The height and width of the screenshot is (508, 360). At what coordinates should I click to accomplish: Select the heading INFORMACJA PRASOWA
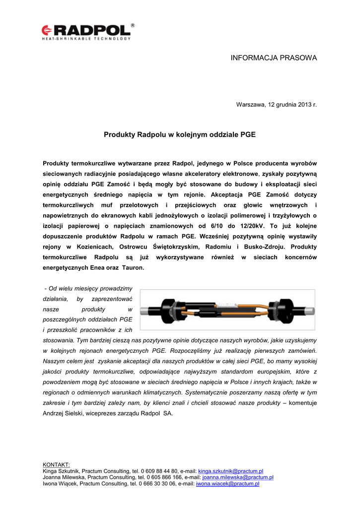tap(274, 58)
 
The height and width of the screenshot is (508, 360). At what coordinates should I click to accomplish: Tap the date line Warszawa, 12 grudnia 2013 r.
tap(276, 105)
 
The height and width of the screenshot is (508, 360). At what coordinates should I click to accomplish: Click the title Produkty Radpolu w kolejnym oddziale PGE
tap(179, 134)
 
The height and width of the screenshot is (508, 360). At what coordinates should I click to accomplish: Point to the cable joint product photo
tap(227, 310)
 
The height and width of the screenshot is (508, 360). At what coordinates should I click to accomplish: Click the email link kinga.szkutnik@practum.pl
tap(230, 471)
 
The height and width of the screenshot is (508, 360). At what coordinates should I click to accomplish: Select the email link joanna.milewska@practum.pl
tap(238, 477)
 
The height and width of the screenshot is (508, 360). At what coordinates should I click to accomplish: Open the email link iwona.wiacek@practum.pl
tap(228, 484)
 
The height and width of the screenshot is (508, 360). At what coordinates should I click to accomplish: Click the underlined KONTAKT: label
tap(57, 464)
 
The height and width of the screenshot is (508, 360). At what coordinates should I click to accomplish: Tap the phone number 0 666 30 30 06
tap(158, 484)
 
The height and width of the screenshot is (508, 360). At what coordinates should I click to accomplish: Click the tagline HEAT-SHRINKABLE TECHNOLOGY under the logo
tap(86, 38)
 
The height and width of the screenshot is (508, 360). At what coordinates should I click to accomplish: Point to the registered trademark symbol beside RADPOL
tap(133, 25)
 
